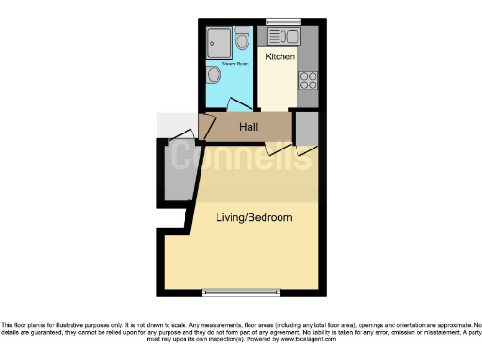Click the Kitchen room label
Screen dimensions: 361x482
pyautogui.click(x=280, y=57)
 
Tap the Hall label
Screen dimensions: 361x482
pyautogui.click(x=249, y=127)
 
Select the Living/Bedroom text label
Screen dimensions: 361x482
pyautogui.click(x=253, y=218)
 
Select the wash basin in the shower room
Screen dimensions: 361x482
pyautogui.click(x=214, y=75)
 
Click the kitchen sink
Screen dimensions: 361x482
pyautogui.click(x=282, y=38)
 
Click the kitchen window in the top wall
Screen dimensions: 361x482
pyautogui.click(x=281, y=22)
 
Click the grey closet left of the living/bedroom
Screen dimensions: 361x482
pyautogui.click(x=177, y=173)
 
